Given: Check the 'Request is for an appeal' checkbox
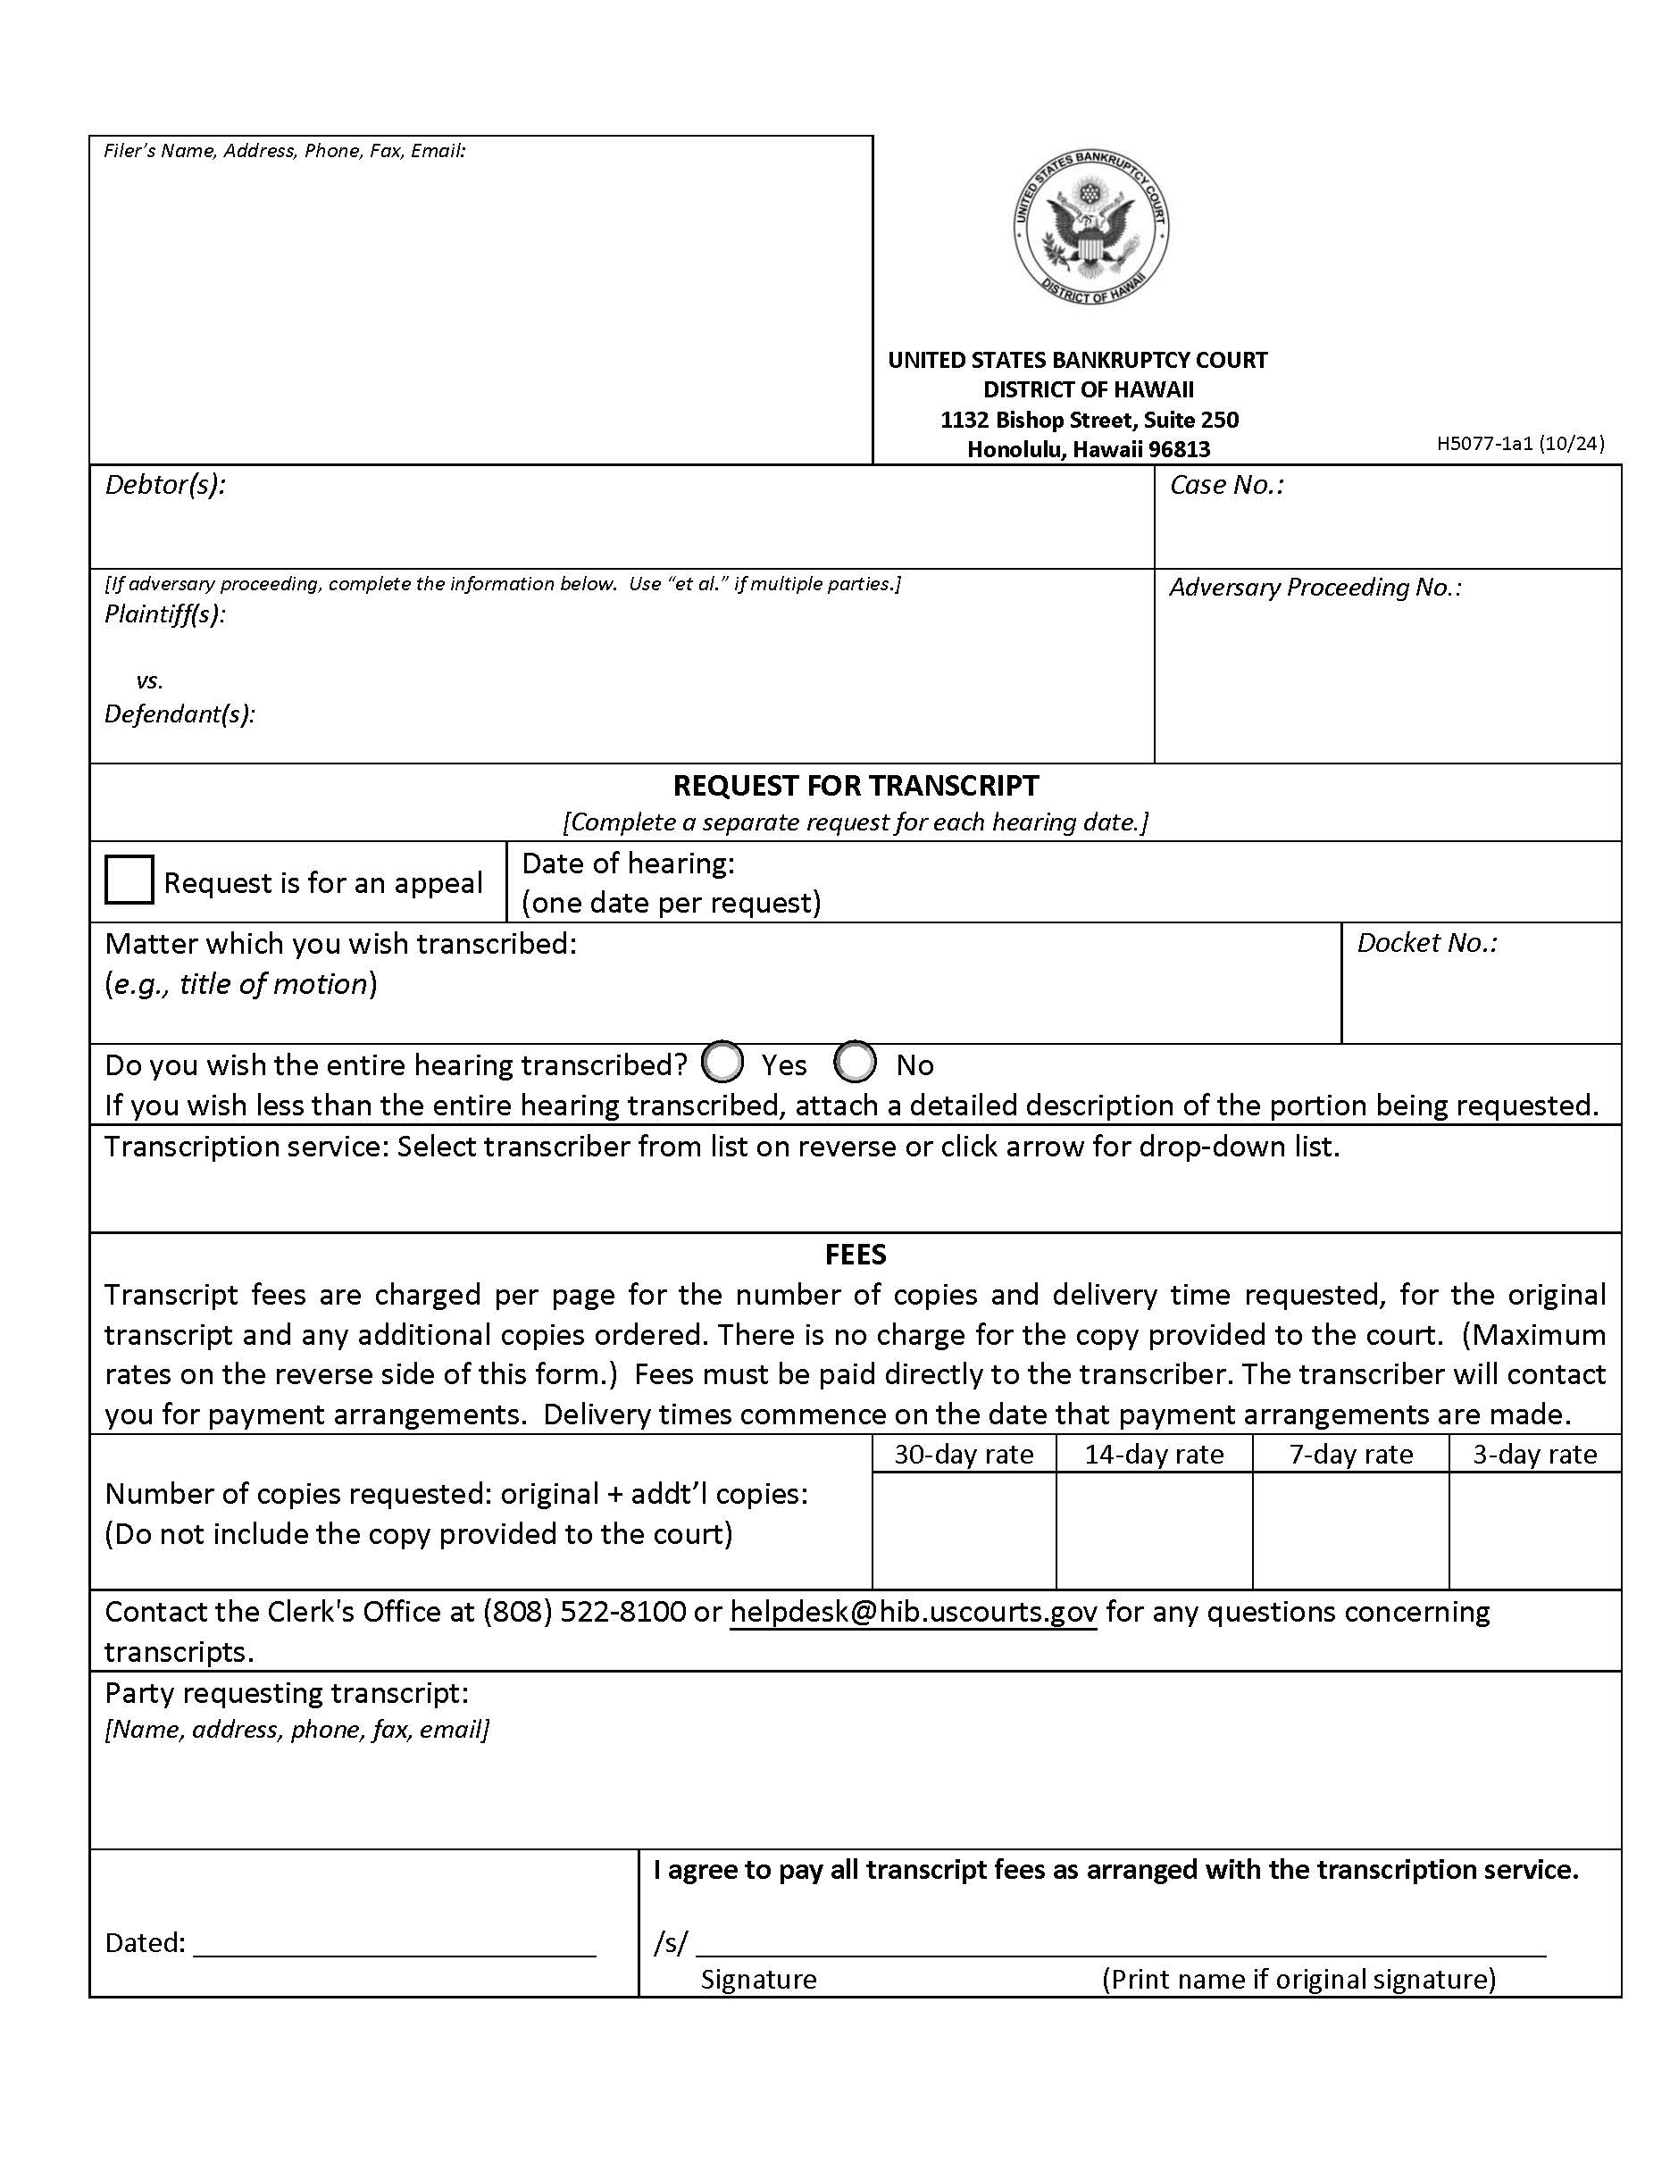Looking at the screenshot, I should pyautogui.click(x=129, y=880).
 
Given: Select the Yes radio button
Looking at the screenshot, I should pyautogui.click(x=722, y=1063).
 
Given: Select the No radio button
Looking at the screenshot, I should pyautogui.click(x=855, y=1063).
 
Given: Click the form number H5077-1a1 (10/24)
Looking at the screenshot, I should pyautogui.click(x=1520, y=443).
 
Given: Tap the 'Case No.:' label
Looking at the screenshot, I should pyautogui.click(x=1226, y=485).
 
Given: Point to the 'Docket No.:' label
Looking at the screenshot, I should pyautogui.click(x=1425, y=943).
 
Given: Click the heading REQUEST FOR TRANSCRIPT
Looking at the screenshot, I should pyautogui.click(x=855, y=786).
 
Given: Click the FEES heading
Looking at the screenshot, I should pyautogui.click(x=855, y=1255).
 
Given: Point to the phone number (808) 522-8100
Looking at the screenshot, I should pyautogui.click(x=584, y=1612).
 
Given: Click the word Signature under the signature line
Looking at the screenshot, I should pyautogui.click(x=758, y=1979).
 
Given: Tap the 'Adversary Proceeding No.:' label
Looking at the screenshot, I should pyautogui.click(x=1314, y=588).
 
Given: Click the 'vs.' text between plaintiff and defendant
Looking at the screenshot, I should pyautogui.click(x=149, y=680).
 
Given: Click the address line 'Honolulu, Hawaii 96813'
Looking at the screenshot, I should pyautogui.click(x=1089, y=449).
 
